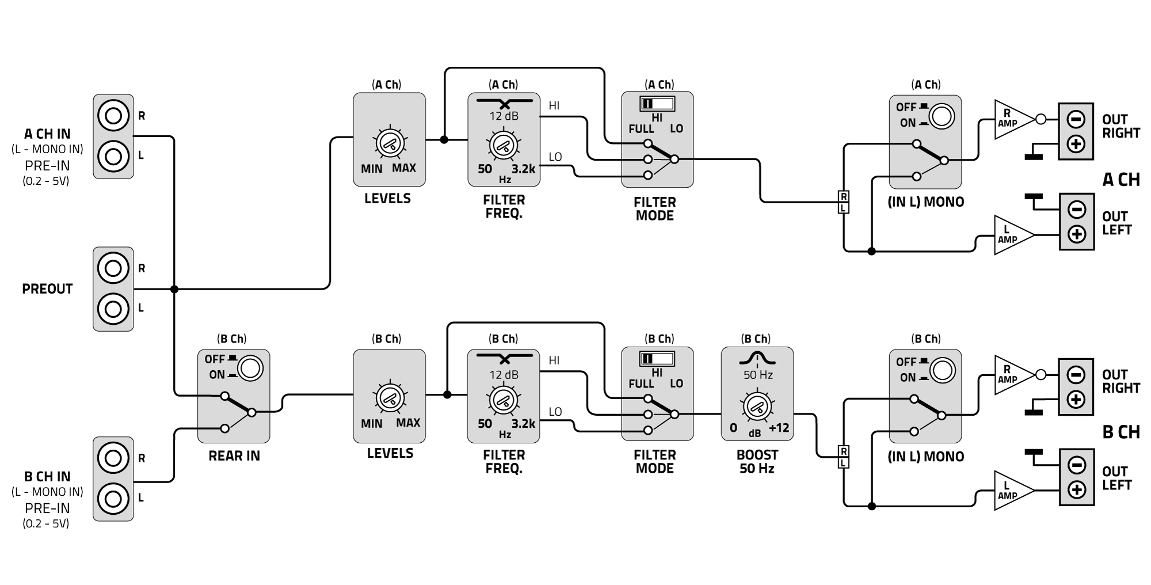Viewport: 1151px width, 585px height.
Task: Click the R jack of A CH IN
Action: coord(113,116)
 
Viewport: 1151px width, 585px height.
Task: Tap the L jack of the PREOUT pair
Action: coord(113,309)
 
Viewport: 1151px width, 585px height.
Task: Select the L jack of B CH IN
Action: coord(113,498)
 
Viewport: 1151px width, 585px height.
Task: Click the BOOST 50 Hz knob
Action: coord(757,407)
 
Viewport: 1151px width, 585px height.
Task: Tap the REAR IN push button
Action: coord(250,368)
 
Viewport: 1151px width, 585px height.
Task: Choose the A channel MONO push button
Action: coord(942,116)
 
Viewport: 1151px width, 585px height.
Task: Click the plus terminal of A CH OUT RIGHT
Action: coord(1076,143)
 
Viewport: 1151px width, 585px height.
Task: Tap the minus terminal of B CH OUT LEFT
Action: coord(1076,465)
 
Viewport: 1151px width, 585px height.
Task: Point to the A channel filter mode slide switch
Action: coord(657,104)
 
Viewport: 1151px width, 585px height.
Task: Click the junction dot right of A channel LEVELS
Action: coord(444,139)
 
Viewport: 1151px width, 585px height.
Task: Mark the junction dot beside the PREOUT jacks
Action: coord(174,289)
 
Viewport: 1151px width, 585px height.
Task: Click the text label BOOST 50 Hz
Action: coord(757,462)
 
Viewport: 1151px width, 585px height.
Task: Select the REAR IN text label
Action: coord(234,456)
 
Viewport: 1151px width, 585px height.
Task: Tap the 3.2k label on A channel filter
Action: coord(523,169)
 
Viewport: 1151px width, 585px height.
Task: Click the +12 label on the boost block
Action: coord(779,428)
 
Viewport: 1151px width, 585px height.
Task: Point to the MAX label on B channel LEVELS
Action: coord(408,423)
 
